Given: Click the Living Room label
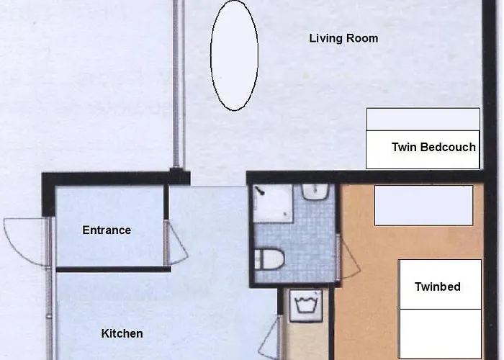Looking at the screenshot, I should click(343, 38).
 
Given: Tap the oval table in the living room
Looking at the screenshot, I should click(234, 55).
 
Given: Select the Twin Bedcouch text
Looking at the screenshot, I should click(433, 148).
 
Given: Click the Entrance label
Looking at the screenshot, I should click(107, 230).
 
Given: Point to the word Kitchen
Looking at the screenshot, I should click(122, 333).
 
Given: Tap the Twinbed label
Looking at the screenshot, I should click(437, 287).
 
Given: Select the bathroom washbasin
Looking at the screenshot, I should click(315, 192).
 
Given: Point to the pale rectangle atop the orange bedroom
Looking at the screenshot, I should click(423, 205).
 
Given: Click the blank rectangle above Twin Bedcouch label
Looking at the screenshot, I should click(423, 119).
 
